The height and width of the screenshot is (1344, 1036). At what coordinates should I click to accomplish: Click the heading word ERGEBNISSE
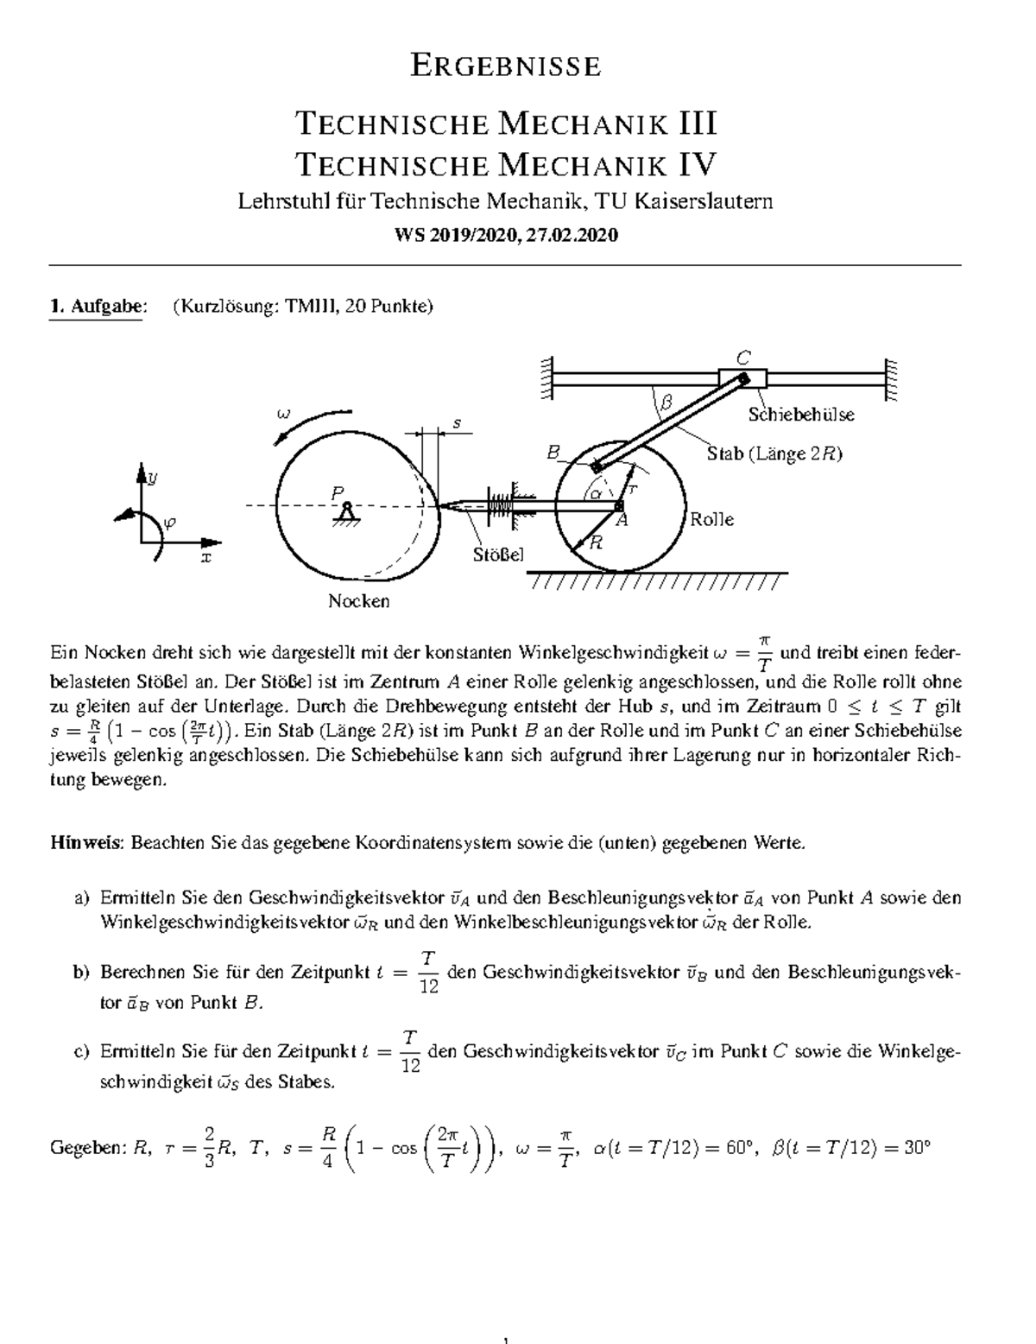pos(505,67)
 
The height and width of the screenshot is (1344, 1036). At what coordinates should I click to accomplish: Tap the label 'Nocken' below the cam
pos(358,601)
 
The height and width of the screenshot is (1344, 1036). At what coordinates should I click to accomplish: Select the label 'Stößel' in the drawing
pos(498,554)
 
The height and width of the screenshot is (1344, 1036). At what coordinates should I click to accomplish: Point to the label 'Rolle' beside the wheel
pos(711,519)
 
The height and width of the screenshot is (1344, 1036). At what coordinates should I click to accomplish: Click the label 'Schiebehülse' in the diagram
pos(801,415)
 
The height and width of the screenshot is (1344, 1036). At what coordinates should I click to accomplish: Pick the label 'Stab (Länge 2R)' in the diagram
pos(774,453)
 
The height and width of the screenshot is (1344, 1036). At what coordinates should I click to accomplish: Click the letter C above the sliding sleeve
pos(742,357)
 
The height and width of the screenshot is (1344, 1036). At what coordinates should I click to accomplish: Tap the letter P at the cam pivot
pos(338,491)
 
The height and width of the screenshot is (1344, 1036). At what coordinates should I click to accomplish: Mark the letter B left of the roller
pos(553,452)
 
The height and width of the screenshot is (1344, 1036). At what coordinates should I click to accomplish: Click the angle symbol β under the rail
pos(665,402)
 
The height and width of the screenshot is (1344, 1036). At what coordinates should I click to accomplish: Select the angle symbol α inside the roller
pos(595,493)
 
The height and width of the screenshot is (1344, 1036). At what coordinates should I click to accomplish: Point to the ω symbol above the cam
pos(282,413)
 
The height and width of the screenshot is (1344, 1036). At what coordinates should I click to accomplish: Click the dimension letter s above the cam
pos(458,423)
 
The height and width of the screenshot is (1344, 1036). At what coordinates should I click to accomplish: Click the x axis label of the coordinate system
pos(205,558)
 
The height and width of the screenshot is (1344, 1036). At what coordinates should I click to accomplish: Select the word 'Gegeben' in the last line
pos(86,1150)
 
